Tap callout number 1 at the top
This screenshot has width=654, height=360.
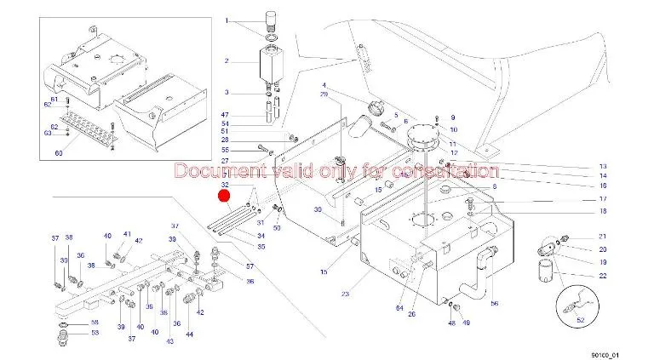coord(227,20)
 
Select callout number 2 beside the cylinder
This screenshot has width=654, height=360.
coord(227,61)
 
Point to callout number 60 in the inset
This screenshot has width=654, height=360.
coord(59,153)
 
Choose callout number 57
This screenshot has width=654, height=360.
coord(250,267)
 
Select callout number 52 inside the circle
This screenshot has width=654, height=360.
coord(582,319)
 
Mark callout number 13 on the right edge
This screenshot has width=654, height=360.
coord(602,166)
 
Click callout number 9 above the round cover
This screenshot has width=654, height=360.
coord(453,117)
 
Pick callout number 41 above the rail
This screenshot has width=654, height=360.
coord(127,233)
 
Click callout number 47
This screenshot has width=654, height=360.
coord(226,114)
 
